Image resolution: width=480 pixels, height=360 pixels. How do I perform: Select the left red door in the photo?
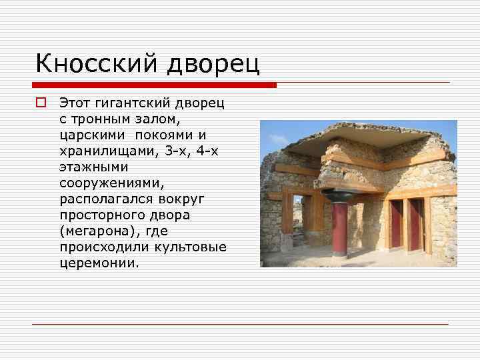396,225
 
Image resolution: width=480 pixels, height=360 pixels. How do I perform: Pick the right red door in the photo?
416,225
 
